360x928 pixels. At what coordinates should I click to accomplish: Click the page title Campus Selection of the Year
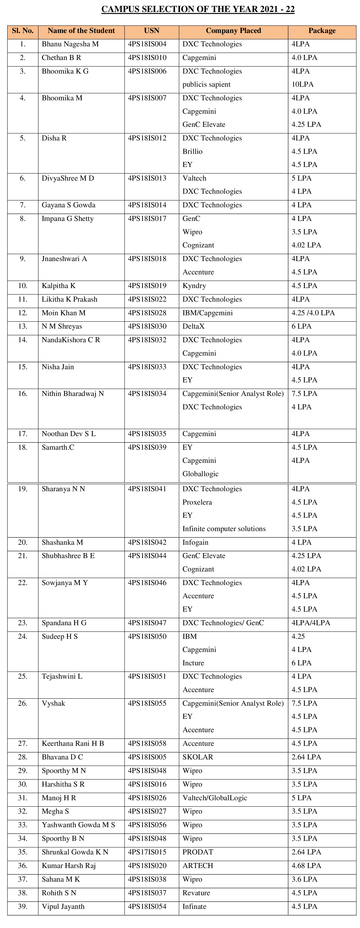click(x=198, y=9)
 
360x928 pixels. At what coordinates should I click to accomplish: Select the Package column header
click(x=322, y=31)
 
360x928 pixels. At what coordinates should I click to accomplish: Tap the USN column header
click(x=151, y=31)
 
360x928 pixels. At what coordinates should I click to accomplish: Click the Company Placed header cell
click(x=233, y=31)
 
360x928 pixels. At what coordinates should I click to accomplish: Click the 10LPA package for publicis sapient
click(x=302, y=85)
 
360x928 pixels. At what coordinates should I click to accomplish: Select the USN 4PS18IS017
click(x=147, y=219)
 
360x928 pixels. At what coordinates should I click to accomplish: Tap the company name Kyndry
click(x=194, y=286)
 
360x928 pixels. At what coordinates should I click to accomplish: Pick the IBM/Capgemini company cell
click(x=207, y=313)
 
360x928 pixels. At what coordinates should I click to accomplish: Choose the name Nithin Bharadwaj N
click(x=73, y=394)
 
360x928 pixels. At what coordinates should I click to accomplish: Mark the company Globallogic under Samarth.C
click(x=200, y=474)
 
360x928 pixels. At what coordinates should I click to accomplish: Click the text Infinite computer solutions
click(x=224, y=529)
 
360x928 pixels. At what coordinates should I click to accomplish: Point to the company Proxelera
click(x=197, y=502)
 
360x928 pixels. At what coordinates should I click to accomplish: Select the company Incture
click(x=193, y=663)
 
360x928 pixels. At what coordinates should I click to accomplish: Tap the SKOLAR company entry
click(x=198, y=757)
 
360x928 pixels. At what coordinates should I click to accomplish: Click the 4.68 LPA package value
click(x=306, y=866)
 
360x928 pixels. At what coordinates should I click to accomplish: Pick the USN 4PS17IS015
click(x=147, y=852)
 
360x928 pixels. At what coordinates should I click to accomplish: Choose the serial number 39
click(x=23, y=906)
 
